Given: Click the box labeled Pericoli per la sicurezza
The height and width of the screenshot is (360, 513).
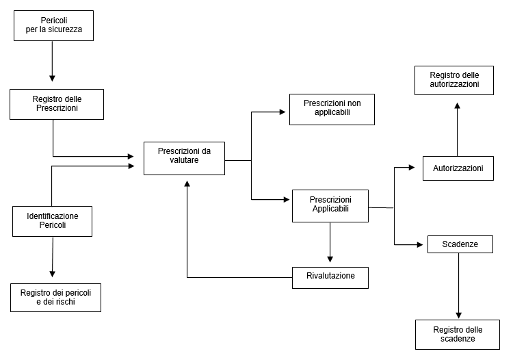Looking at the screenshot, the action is click(53, 25).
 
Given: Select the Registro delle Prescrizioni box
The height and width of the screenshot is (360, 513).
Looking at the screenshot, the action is click(57, 104).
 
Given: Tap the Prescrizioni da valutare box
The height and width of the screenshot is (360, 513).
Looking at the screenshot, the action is click(184, 158).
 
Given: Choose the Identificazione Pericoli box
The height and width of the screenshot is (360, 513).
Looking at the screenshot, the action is click(53, 221).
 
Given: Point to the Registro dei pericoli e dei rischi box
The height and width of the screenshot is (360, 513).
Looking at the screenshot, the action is click(55, 298).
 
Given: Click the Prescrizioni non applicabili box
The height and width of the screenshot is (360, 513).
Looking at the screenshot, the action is click(332, 110).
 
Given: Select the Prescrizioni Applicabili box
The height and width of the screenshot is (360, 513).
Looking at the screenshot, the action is click(330, 206).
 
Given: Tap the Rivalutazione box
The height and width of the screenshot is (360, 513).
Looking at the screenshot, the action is click(330, 277).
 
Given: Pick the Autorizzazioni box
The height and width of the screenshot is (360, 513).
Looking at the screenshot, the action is click(458, 168).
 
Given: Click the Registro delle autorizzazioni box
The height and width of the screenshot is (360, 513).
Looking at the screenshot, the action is click(454, 80).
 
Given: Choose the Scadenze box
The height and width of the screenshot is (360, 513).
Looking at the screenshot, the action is click(460, 244).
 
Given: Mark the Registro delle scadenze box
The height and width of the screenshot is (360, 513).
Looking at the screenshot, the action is click(458, 335).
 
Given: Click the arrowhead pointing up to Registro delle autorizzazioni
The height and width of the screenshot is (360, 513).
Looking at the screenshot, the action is click(458, 105).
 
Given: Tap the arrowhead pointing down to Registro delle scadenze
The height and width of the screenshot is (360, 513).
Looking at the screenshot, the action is click(459, 315).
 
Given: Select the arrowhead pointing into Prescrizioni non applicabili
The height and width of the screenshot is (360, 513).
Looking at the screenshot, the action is click(282, 112).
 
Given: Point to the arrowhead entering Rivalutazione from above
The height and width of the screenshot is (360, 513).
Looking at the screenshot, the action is click(330, 259).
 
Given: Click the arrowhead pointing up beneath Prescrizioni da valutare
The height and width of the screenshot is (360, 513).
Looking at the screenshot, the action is click(187, 183).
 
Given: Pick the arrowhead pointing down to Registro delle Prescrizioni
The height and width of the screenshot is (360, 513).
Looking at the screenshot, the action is click(52, 78).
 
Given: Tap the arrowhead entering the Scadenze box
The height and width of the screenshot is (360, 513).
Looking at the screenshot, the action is click(420, 244).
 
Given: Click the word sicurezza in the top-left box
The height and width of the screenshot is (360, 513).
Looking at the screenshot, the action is click(65, 29).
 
